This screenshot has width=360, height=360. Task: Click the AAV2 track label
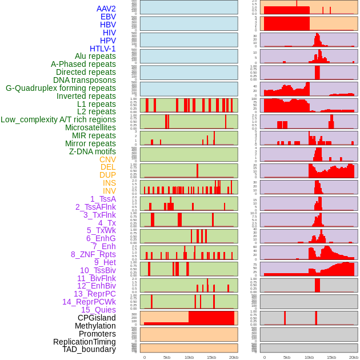pos(106,9)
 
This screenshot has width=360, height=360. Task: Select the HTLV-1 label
pos(102,49)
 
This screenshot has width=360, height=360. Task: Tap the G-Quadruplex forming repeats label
pos(61,88)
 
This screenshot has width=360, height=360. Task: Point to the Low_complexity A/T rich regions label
pos(58,119)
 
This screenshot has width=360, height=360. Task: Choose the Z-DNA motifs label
pos(92,151)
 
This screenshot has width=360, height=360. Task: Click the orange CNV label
pos(107,159)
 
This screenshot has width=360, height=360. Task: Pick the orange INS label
pos(109,183)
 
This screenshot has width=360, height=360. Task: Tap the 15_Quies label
pos(98,310)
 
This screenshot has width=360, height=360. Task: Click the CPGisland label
pos(97,318)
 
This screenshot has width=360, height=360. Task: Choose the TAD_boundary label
pos(89,349)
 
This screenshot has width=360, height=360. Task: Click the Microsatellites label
pos(90,127)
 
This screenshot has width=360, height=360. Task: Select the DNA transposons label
pos(85,80)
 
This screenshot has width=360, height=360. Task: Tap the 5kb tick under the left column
pos(167,357)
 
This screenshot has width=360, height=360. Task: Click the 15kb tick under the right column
pos(331,357)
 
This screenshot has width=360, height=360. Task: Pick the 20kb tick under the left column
pos(233,357)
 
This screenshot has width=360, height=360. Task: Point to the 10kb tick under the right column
pos(309,357)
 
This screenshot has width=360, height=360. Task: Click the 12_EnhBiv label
pos(96,286)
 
